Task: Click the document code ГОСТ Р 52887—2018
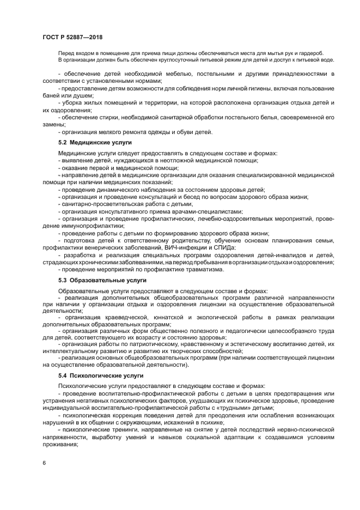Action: point(72,37)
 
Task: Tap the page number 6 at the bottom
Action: point(44,462)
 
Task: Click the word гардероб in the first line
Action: point(310,53)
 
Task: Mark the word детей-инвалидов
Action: point(284,254)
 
